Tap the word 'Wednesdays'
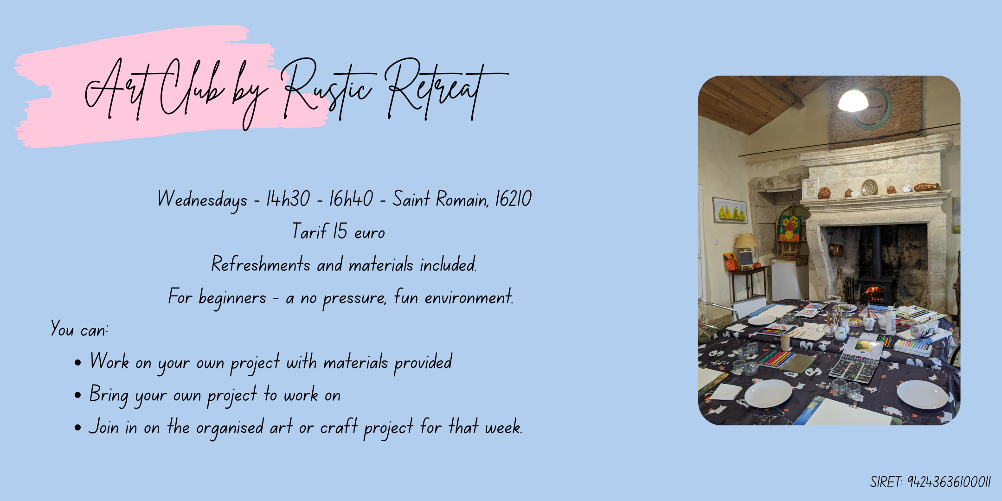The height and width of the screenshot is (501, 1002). point(202,200)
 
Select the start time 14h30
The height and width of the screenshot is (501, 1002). point(288,199)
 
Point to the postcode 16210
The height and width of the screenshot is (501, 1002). point(513,199)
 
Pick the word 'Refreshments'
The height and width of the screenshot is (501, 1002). point(261,264)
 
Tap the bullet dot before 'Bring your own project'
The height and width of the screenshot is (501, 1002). point(77,395)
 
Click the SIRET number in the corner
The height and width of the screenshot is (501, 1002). point(949,482)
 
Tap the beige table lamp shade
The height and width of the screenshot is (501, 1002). point(745,241)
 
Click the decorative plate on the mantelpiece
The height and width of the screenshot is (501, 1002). point(869,187)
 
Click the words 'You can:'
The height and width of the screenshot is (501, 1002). point(79,330)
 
